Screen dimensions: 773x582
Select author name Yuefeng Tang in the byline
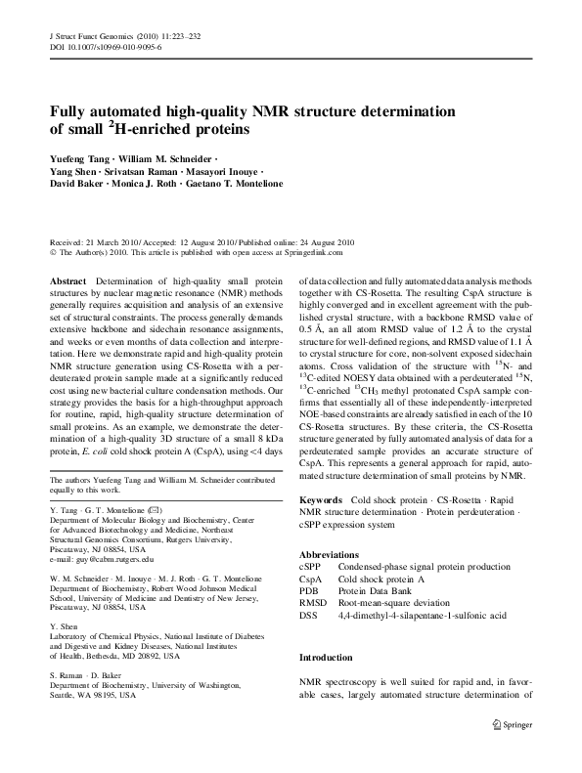coord(83,158)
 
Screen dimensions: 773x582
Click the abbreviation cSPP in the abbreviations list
coord(310,566)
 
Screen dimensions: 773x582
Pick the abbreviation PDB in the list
coord(308,589)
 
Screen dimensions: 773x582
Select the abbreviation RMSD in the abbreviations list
coord(312,601)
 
